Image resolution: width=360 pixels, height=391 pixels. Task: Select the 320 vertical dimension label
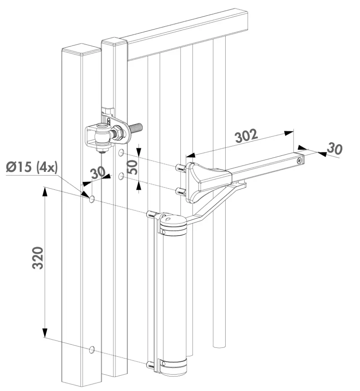click(x=39, y=258)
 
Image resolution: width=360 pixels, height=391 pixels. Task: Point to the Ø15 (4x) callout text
click(x=31, y=168)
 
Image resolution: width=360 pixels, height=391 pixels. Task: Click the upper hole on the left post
click(x=92, y=199)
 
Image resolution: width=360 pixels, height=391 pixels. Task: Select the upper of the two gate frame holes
click(x=121, y=153)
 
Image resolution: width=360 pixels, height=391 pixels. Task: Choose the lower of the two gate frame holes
click(x=121, y=176)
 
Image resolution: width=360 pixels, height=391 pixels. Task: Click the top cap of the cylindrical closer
click(x=173, y=223)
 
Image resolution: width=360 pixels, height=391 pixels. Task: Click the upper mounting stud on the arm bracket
click(x=180, y=168)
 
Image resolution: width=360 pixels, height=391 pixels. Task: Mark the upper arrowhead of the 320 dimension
click(x=45, y=191)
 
